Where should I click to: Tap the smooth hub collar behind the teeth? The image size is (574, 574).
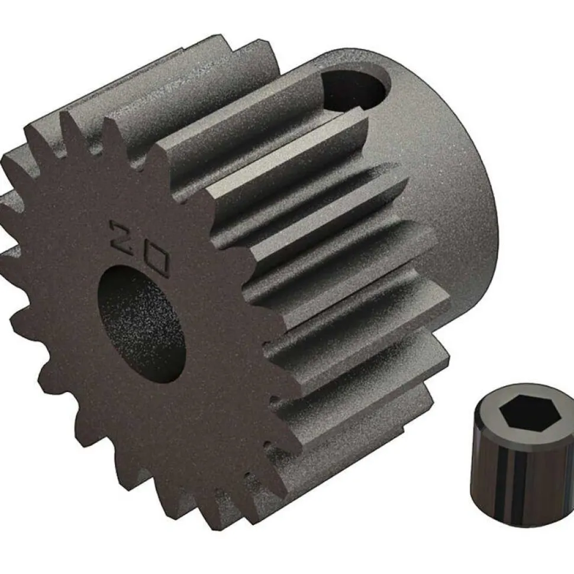click(x=450, y=177)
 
